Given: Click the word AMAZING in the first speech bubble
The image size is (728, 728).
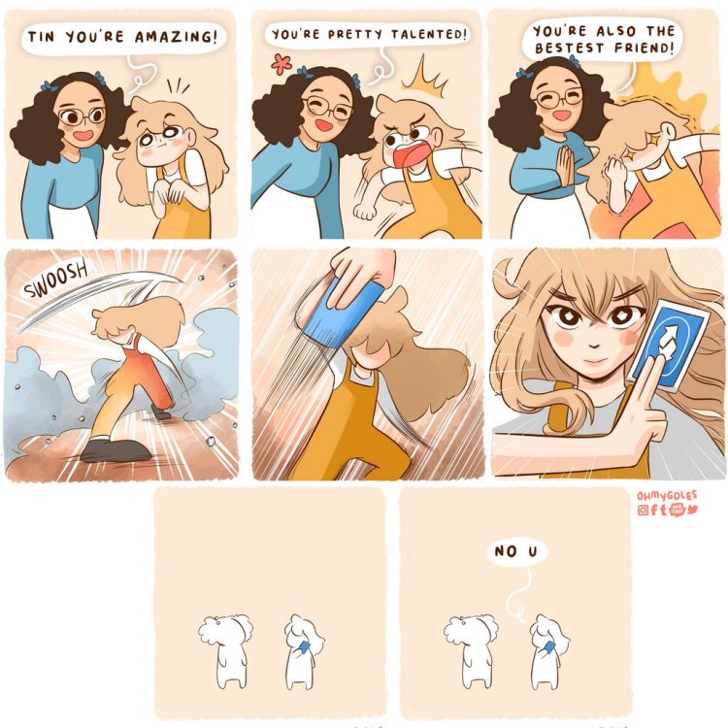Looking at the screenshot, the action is pyautogui.click(x=176, y=37).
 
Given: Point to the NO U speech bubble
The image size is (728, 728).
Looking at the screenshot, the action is pyautogui.click(x=516, y=551).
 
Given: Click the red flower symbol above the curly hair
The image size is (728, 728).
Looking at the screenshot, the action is pyautogui.click(x=281, y=64).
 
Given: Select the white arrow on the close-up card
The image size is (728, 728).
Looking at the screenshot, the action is pyautogui.click(x=668, y=340).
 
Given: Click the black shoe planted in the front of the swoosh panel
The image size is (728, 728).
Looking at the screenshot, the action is pyautogui.click(x=114, y=449).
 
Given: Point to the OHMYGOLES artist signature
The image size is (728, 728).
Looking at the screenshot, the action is pyautogui.click(x=667, y=495).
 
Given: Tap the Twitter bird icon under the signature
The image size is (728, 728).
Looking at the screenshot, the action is pyautogui.click(x=692, y=510).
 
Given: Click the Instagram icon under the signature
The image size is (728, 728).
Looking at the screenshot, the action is pyautogui.click(x=643, y=511).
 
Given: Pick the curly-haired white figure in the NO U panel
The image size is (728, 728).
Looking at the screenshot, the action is pyautogui.click(x=472, y=650).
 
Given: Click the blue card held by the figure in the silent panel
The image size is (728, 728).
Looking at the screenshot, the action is pyautogui.click(x=304, y=646).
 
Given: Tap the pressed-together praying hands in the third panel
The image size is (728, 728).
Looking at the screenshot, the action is pyautogui.click(x=566, y=165).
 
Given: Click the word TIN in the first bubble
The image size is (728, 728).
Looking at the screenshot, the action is pyautogui.click(x=41, y=36).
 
